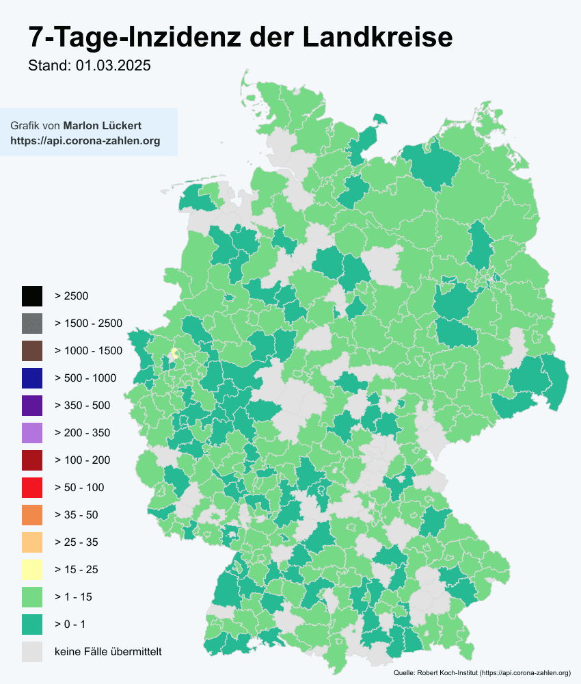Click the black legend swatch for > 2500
pyautogui.click(x=31, y=296)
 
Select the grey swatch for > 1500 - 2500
pyautogui.click(x=31, y=324)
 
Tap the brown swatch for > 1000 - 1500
pyautogui.click(x=31, y=351)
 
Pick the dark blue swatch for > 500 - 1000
pyautogui.click(x=31, y=378)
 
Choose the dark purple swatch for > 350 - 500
pyautogui.click(x=31, y=406)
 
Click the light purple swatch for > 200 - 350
pyautogui.click(x=31, y=433)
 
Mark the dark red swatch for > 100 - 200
pyautogui.click(x=31, y=460)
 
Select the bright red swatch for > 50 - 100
pyautogui.click(x=31, y=488)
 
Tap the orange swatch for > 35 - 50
pyautogui.click(x=31, y=515)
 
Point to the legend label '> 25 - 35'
pyautogui.click(x=77, y=542)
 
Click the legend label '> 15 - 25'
pyautogui.click(x=77, y=570)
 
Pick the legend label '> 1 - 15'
pyautogui.click(x=73, y=597)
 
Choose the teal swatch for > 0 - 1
pyautogui.click(x=31, y=624)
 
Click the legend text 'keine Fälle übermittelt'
pyautogui.click(x=108, y=652)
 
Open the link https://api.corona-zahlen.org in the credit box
pyautogui.click(x=85, y=142)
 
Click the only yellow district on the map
pyautogui.click(x=174, y=354)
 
